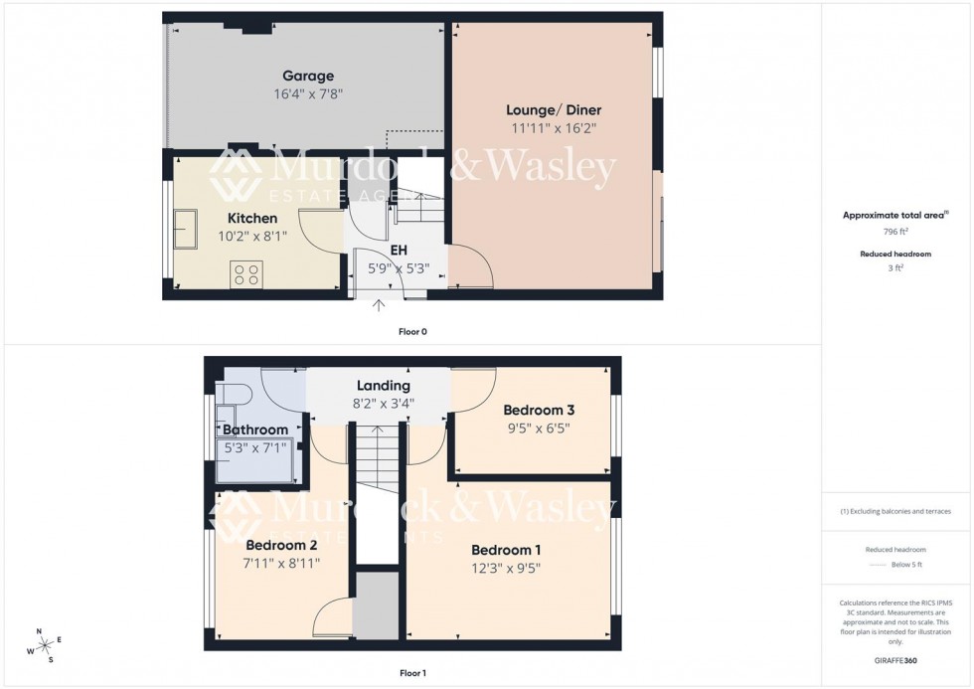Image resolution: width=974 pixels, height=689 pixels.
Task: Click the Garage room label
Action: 308,76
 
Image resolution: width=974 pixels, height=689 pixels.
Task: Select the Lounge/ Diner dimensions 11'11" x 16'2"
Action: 554,128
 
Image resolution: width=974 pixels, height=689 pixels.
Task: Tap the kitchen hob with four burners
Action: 246,273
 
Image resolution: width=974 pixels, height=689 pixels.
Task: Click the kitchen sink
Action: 187,230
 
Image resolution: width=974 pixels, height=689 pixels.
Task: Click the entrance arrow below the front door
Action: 379,305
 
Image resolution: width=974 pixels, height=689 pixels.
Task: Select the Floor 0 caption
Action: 413,331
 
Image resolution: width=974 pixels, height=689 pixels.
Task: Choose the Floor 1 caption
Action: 412,673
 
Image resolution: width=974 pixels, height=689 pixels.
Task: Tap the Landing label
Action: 385,386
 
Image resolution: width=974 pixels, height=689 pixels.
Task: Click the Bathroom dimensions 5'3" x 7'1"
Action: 255,448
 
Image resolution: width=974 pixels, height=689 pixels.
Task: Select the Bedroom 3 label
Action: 539,410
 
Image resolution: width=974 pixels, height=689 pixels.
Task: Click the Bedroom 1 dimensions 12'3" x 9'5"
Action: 506,569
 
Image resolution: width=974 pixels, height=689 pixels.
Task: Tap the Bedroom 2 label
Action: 281,545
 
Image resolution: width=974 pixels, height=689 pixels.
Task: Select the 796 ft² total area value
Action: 896,231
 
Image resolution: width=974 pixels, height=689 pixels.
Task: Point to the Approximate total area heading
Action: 895,215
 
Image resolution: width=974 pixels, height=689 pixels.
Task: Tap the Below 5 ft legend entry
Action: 896,565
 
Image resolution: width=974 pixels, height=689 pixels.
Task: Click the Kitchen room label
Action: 252,218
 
